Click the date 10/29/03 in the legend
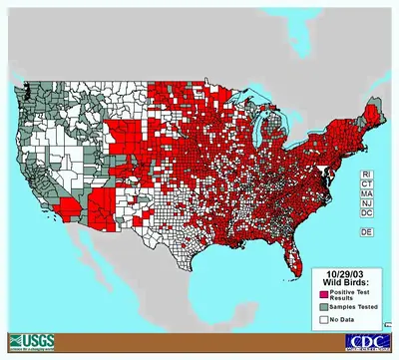(349, 273)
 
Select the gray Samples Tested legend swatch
(326, 307)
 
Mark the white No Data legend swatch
(326, 319)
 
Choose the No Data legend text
(349, 319)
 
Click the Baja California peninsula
(80, 259)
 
